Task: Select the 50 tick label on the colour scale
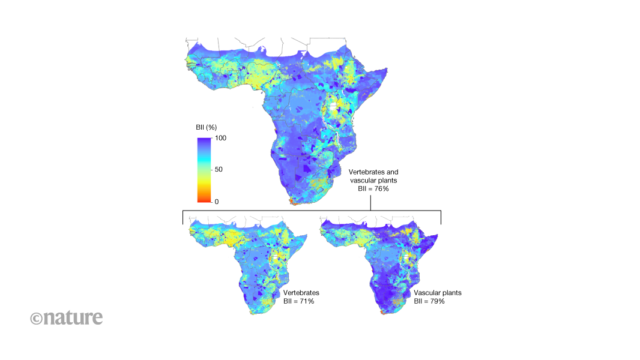(219, 170)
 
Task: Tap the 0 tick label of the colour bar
(217, 202)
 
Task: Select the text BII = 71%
(299, 301)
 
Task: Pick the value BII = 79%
(429, 301)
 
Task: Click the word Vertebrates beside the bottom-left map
(301, 293)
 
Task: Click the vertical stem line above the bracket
(370, 202)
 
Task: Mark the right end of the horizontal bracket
(441, 217)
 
